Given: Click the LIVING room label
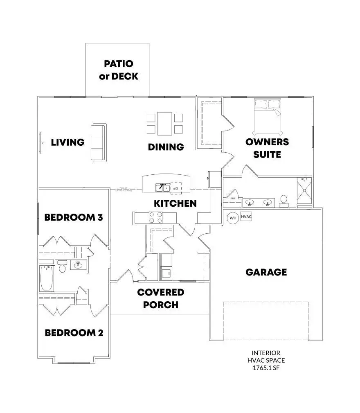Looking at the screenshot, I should (x=67, y=142).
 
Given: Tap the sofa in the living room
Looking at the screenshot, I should (x=98, y=142).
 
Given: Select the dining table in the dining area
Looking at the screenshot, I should (x=165, y=124).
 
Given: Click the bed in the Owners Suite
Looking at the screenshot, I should (x=268, y=117).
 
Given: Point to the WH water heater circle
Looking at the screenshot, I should (x=233, y=218).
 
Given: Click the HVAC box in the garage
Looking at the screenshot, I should (x=246, y=217).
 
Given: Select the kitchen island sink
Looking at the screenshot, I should (x=162, y=188).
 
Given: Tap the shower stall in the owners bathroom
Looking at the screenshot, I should (x=304, y=191).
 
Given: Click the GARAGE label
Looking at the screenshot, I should (x=266, y=272).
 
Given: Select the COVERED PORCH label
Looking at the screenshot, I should (x=160, y=298).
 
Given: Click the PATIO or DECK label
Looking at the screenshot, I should (x=119, y=70).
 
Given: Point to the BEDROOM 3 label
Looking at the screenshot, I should (x=73, y=217).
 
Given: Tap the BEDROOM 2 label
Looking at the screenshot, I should (x=74, y=333).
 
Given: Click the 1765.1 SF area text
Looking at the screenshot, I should (x=266, y=368).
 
